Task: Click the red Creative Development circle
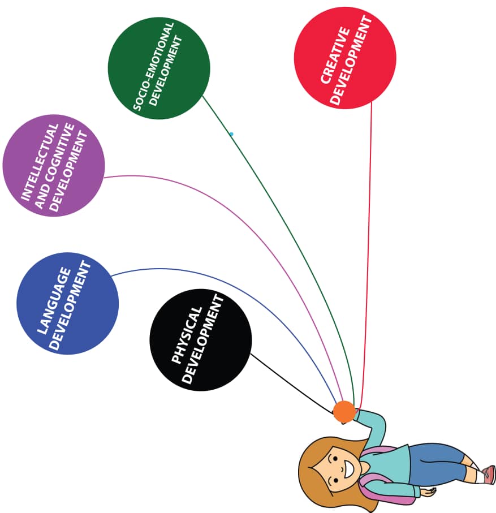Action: coord(345,58)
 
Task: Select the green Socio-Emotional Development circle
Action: coord(159,68)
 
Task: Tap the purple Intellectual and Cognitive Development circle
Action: coord(54,166)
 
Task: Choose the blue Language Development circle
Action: coord(68,303)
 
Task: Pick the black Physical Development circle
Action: coord(200,339)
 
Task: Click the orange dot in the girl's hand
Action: coord(344,412)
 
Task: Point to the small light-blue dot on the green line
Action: coord(231,134)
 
